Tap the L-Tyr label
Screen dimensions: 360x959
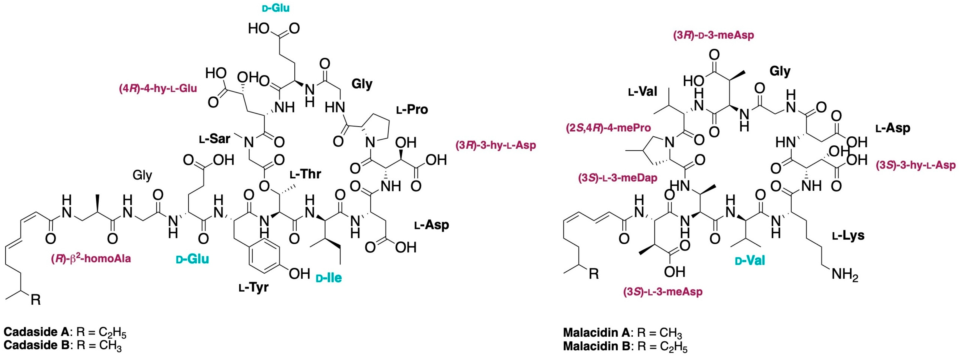click(x=253, y=287)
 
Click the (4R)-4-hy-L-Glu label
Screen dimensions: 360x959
click(x=158, y=88)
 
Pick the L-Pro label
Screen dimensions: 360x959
click(x=412, y=109)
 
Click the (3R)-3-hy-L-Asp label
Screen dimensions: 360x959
click(x=496, y=145)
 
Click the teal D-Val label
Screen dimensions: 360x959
click(x=750, y=260)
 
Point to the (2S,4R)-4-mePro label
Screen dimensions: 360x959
click(x=608, y=128)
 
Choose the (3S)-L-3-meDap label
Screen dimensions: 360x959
click(x=618, y=178)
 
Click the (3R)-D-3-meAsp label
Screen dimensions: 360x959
click(x=713, y=35)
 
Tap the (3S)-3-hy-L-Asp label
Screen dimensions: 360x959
click(x=916, y=165)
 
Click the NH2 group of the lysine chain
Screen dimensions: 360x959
click(x=845, y=274)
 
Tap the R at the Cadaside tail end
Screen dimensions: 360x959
click(x=36, y=299)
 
